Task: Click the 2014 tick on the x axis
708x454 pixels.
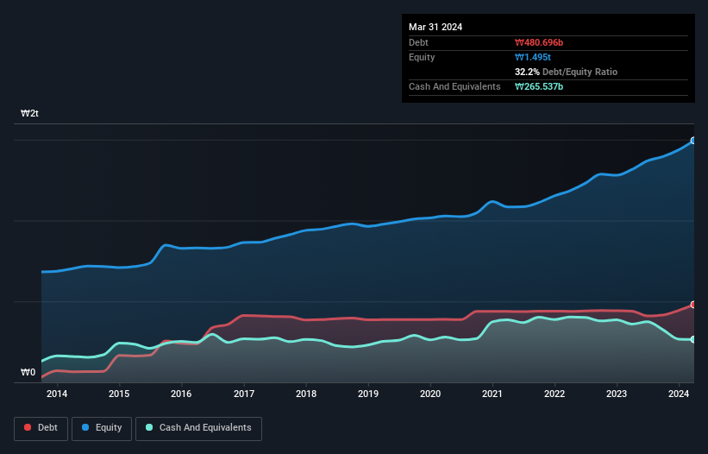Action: click(57, 394)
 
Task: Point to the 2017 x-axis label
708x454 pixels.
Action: click(244, 394)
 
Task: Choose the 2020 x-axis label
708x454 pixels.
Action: click(430, 394)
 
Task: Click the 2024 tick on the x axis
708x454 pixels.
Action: click(679, 394)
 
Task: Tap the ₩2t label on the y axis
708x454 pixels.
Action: click(29, 114)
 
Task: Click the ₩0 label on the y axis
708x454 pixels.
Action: click(28, 373)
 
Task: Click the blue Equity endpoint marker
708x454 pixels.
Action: click(692, 140)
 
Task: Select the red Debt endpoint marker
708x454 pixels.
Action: click(692, 305)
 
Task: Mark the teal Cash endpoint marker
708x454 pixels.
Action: click(692, 339)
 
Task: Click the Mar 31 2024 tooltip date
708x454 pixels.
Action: click(435, 27)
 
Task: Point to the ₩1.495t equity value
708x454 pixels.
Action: click(532, 57)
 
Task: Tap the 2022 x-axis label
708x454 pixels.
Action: click(554, 394)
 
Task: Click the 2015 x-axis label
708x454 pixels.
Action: click(119, 394)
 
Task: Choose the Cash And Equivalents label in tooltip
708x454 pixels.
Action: click(454, 87)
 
